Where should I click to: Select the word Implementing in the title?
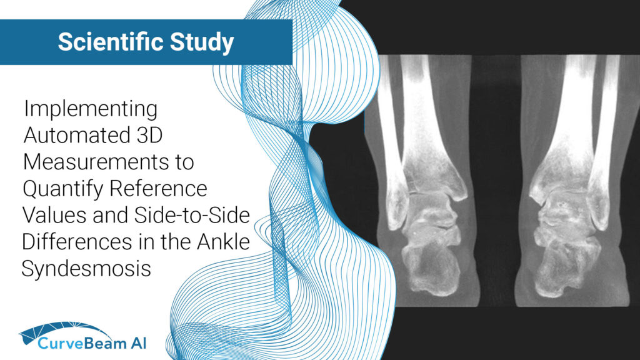(91, 109)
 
